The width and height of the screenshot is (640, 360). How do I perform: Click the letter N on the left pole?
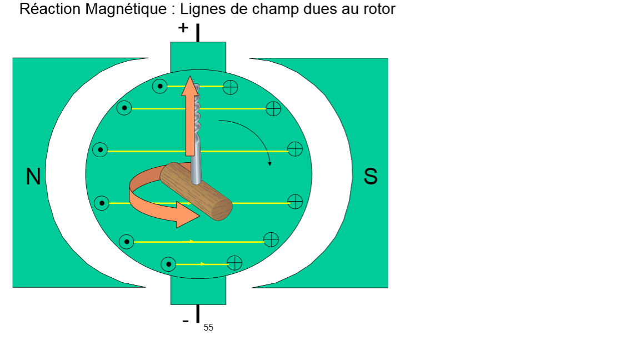(x=33, y=177)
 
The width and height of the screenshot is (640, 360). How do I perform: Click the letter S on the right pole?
(x=371, y=177)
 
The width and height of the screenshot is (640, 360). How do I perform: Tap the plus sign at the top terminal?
(x=183, y=28)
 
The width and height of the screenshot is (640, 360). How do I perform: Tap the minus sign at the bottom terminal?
(x=185, y=321)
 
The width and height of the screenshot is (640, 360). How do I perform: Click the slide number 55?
(x=208, y=328)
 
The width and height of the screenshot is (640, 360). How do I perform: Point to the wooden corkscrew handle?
(x=196, y=191)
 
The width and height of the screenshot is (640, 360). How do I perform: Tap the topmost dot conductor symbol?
(x=160, y=87)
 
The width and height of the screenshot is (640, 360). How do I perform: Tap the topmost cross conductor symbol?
(x=230, y=87)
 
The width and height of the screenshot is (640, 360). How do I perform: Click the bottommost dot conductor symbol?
(x=168, y=264)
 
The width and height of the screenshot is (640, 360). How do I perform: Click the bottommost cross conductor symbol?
(x=235, y=263)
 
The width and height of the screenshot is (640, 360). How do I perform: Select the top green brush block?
(x=198, y=56)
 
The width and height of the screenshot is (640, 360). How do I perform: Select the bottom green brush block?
(x=198, y=293)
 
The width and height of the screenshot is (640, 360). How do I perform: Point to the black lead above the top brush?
(x=198, y=32)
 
